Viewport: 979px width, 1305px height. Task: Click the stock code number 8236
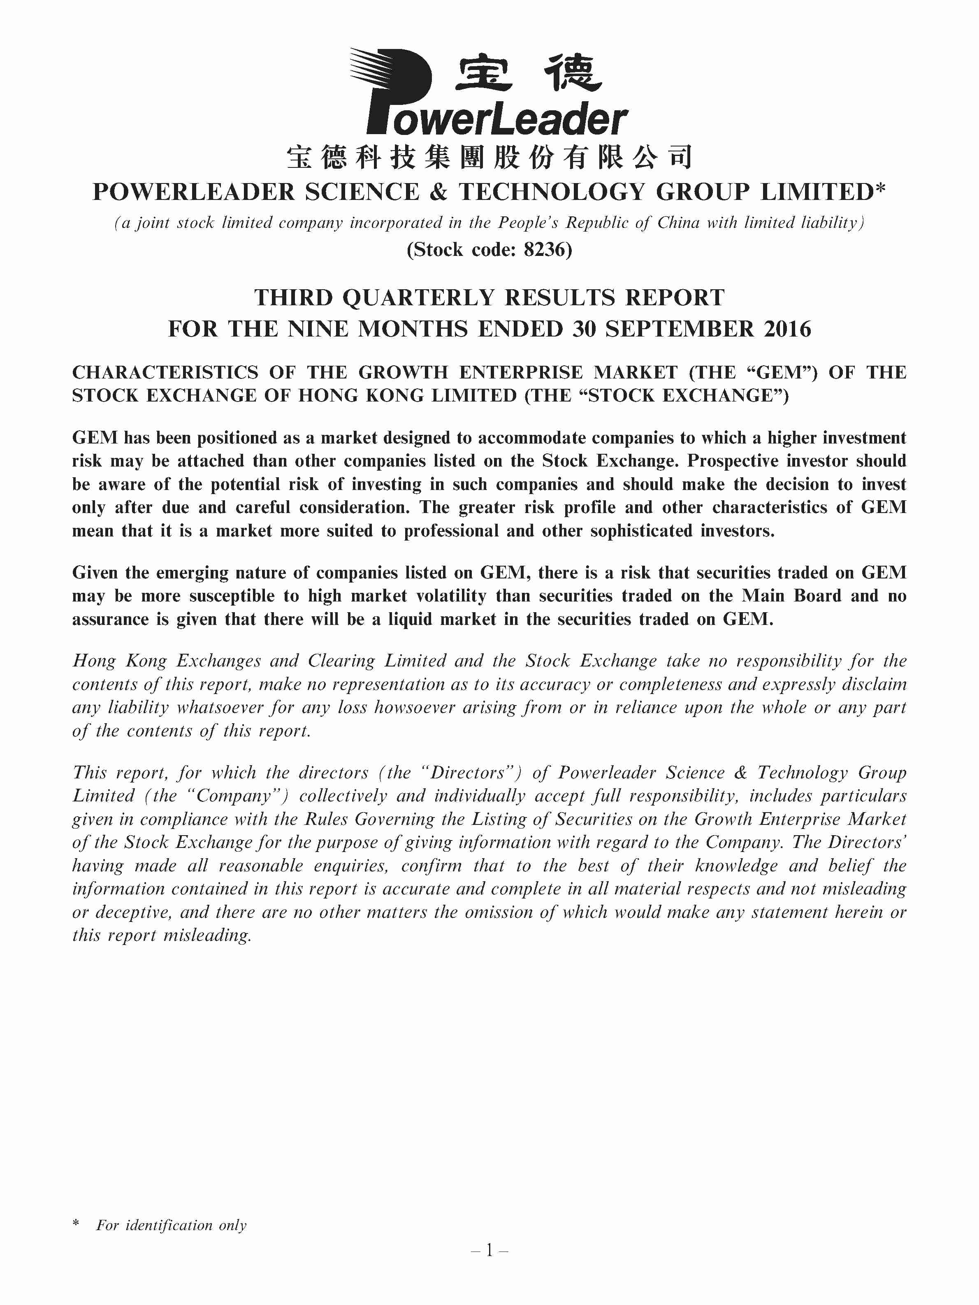click(x=544, y=250)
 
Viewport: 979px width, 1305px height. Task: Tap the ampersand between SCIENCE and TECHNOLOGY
click(x=438, y=192)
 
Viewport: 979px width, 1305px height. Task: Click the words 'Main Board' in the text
click(x=791, y=596)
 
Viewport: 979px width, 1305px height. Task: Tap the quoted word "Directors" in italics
click(x=469, y=773)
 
